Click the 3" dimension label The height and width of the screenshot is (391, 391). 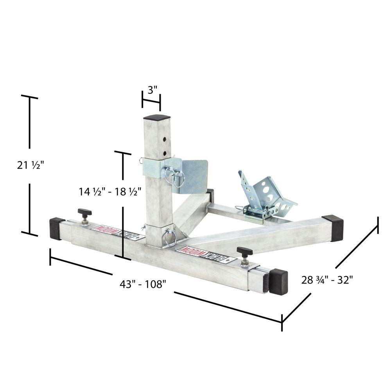coord(152,90)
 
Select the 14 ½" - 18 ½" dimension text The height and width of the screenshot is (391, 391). coord(110,192)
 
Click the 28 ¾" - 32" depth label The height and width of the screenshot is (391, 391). coord(327,280)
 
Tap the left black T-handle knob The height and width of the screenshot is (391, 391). coord(84,213)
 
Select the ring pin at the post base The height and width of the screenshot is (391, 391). coord(170,237)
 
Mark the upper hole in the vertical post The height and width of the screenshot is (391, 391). coord(165,140)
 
